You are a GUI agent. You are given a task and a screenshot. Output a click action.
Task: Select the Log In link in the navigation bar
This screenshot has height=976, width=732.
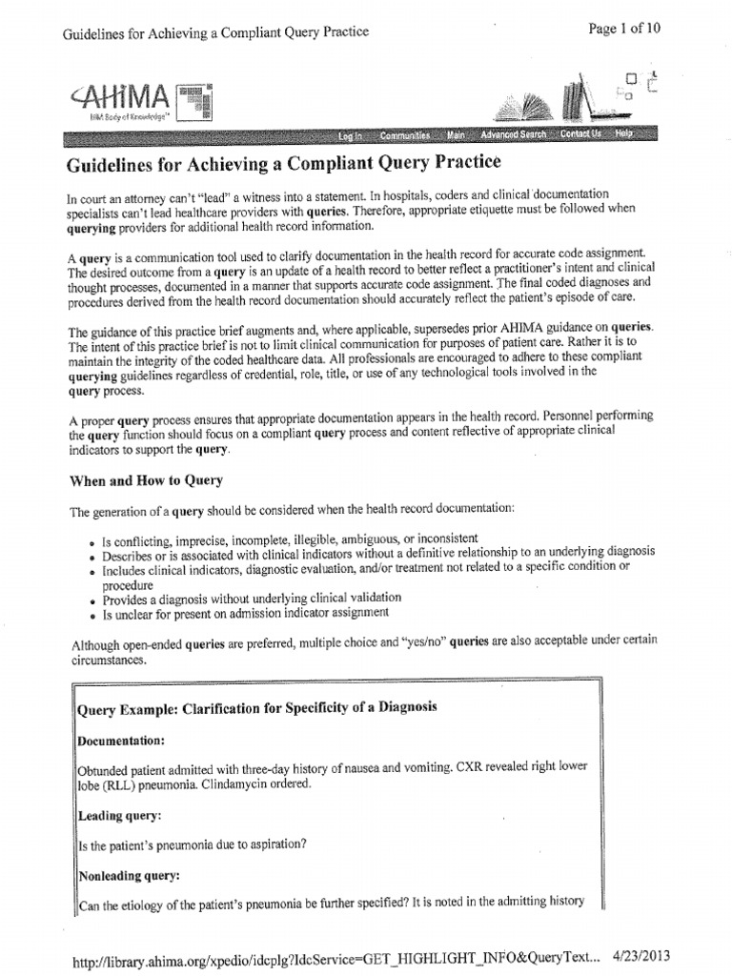[x=352, y=135]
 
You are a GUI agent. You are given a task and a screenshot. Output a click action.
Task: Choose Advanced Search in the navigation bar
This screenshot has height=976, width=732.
[x=513, y=135]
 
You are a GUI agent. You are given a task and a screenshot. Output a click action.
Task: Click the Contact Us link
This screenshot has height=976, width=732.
[x=580, y=134]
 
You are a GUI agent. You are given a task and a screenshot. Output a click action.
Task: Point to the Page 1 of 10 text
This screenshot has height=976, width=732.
[x=624, y=28]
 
